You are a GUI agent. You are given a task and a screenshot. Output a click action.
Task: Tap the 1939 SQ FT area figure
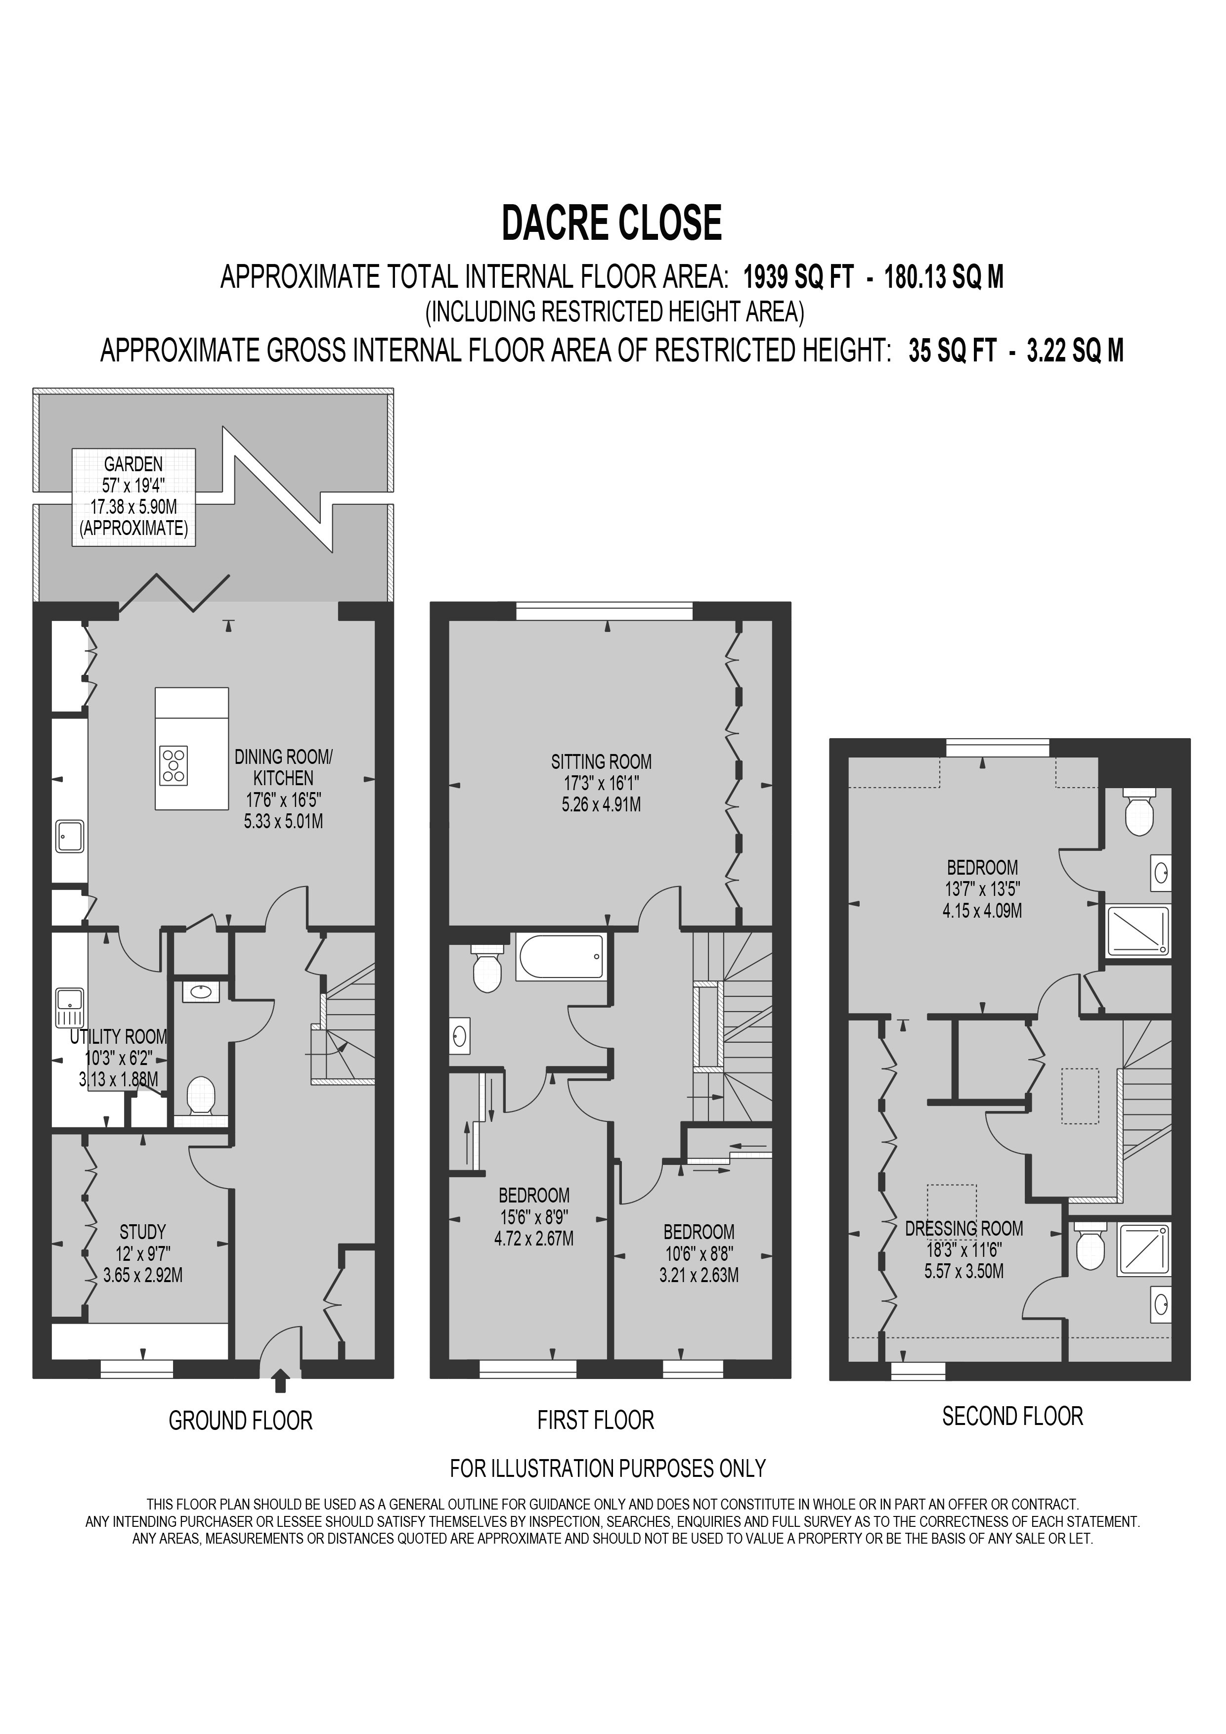pyautogui.click(x=798, y=278)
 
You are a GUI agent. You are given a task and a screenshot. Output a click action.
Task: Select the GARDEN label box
pyautogui.click(x=133, y=496)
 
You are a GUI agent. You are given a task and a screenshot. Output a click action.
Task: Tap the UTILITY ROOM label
pyautogui.click(x=119, y=1037)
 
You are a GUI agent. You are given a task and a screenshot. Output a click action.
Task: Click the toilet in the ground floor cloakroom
pyautogui.click(x=201, y=1095)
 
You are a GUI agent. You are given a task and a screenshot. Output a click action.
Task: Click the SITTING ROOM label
pyautogui.click(x=601, y=762)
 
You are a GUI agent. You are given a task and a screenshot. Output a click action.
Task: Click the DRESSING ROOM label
pyautogui.click(x=964, y=1229)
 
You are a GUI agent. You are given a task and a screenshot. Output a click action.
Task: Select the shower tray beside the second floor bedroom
pyautogui.click(x=1137, y=931)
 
